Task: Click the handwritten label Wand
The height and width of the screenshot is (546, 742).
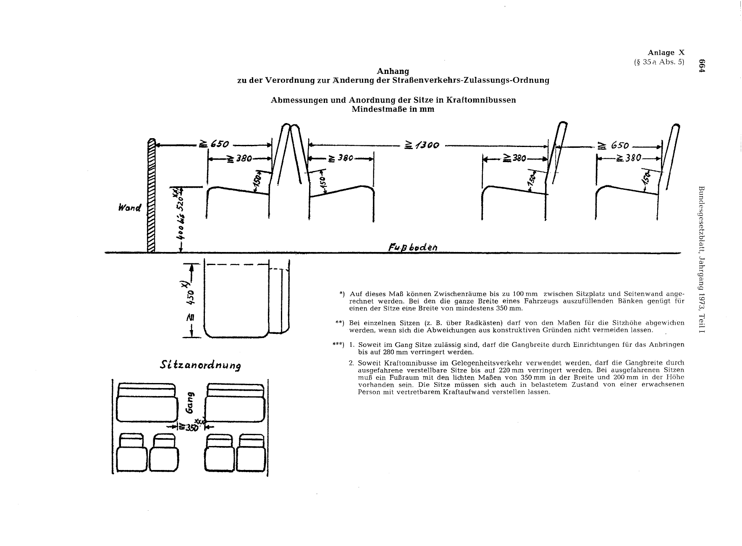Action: tap(130, 208)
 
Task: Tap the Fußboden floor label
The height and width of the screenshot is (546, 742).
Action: tap(413, 247)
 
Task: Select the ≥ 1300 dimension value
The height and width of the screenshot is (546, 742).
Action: tap(422, 145)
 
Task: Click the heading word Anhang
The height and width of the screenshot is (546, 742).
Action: tap(393, 71)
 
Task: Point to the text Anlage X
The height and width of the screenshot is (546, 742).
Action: tap(666, 52)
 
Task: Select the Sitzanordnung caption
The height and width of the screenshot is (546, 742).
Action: tap(201, 365)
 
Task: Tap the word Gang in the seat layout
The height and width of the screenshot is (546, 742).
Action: tap(190, 402)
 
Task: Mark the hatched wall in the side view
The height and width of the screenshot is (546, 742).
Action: tap(151, 196)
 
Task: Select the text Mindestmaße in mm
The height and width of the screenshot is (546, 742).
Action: tap(393, 109)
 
